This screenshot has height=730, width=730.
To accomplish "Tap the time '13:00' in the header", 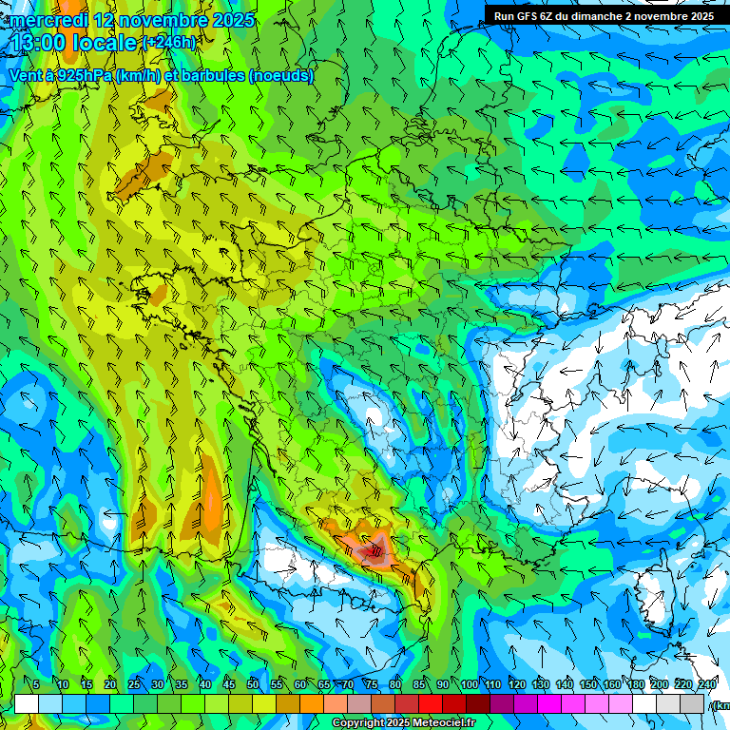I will (x=38, y=43).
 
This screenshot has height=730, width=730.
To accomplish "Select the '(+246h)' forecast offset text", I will (x=168, y=43).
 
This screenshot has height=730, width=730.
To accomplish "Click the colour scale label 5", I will (x=36, y=685).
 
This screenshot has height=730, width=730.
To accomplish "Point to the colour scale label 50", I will (x=252, y=685).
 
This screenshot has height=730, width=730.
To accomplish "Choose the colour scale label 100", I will (x=469, y=685).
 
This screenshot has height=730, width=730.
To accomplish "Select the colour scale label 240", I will (x=706, y=685).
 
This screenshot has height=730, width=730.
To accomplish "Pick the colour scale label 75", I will (x=372, y=685).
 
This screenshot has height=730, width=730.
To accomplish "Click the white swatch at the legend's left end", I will (x=26, y=704).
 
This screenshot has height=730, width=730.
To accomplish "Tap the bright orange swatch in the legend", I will (x=312, y=704).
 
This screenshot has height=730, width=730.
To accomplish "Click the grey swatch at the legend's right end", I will (x=693, y=704).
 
